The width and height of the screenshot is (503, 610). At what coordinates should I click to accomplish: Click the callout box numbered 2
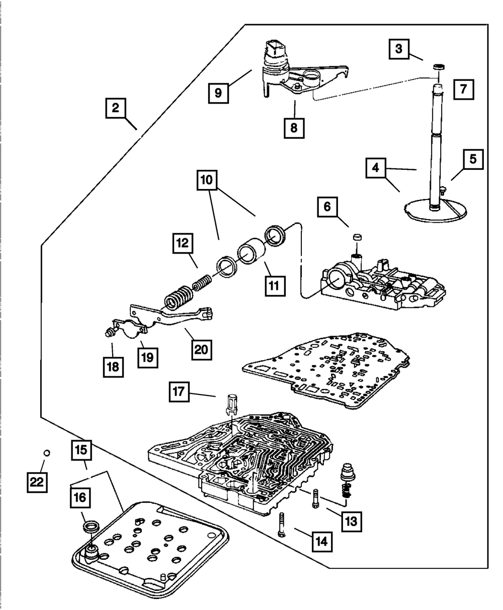click(x=116, y=109)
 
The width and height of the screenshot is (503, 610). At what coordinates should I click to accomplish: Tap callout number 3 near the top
click(x=398, y=49)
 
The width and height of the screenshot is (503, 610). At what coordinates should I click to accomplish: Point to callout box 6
click(x=327, y=206)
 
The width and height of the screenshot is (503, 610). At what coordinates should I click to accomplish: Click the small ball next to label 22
click(x=46, y=453)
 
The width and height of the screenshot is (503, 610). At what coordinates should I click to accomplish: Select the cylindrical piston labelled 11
click(x=251, y=253)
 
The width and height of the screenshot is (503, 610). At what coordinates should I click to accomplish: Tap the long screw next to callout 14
click(x=281, y=525)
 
